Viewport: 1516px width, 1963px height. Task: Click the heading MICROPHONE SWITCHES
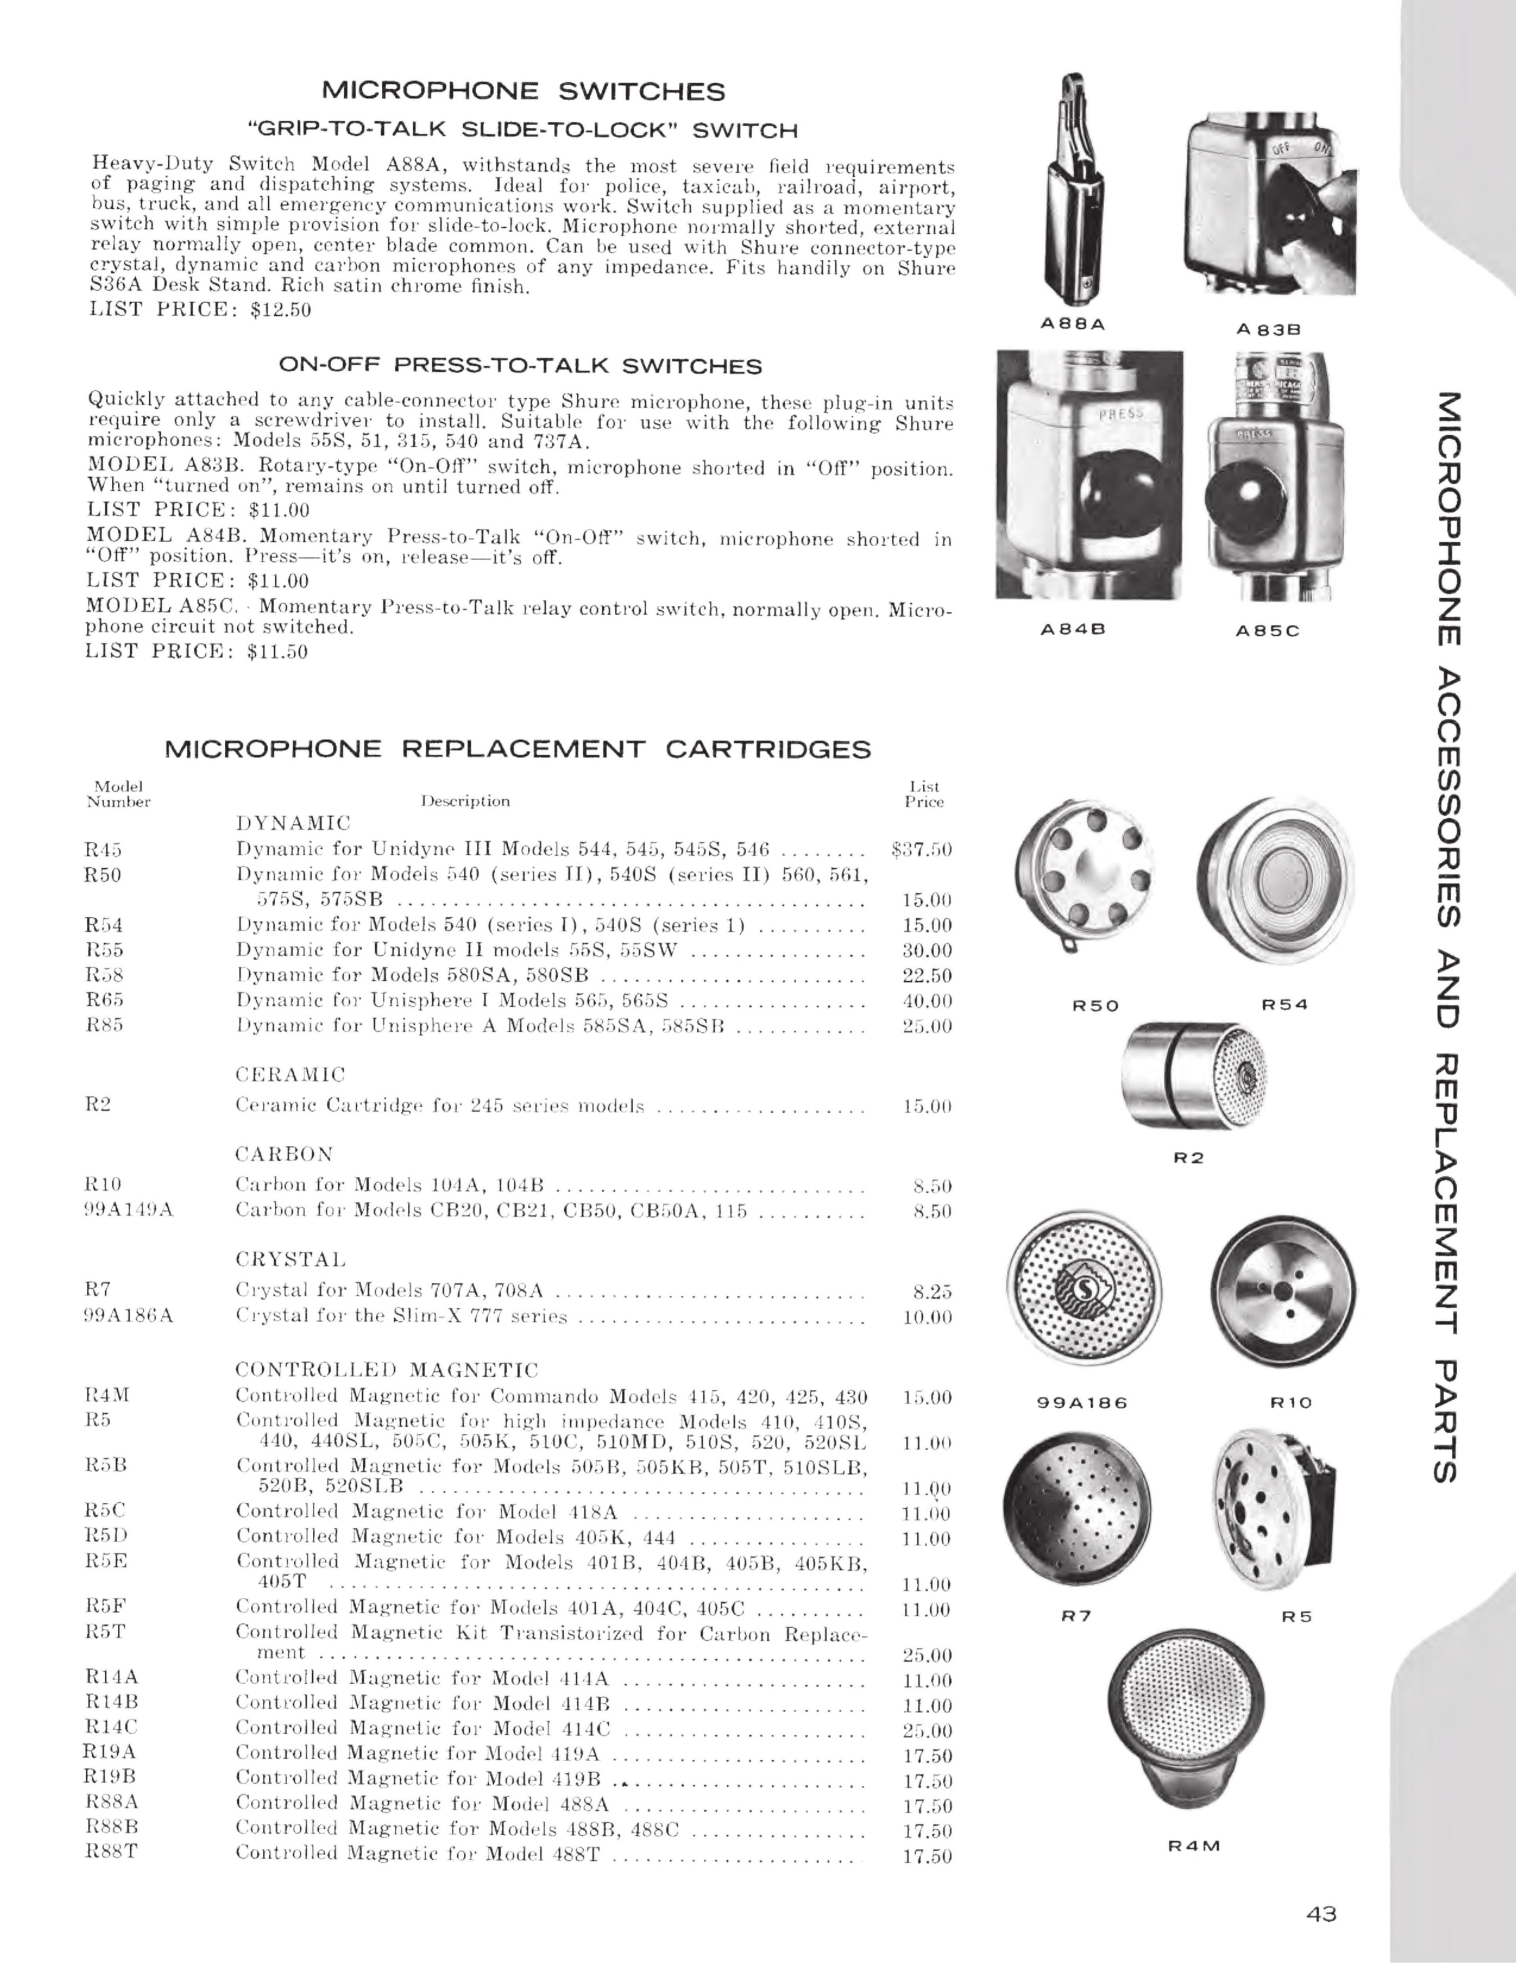coord(523,92)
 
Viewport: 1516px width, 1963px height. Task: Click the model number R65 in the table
coord(104,1000)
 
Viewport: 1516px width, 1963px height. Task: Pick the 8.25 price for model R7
coord(932,1292)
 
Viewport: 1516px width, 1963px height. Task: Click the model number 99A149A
coord(128,1210)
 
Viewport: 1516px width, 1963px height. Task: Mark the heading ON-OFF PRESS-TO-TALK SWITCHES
coord(520,366)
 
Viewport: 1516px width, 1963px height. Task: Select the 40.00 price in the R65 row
coord(927,1000)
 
